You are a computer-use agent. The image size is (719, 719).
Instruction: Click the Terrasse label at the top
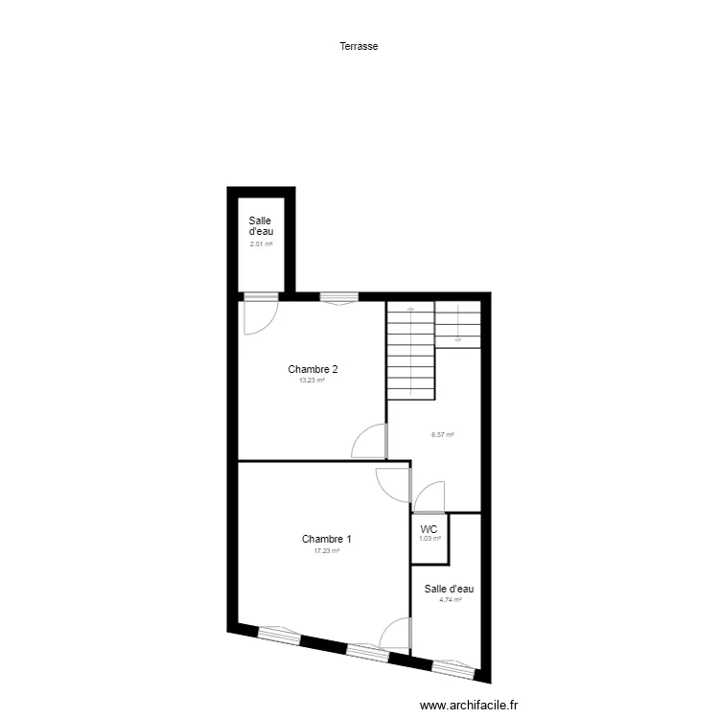coord(359,45)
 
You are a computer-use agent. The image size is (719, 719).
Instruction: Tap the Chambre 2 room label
coord(313,369)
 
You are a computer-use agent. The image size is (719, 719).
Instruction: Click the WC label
coord(429,528)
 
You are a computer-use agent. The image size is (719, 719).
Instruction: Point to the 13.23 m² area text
coord(313,380)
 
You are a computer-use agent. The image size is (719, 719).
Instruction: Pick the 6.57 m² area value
coord(442,434)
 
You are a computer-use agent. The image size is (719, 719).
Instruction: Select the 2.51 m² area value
coord(261,244)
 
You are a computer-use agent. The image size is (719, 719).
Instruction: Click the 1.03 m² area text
coord(429,538)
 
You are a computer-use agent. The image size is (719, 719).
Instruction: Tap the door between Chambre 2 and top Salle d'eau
coord(260,313)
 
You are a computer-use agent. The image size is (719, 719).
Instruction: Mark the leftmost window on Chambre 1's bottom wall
coord(279,634)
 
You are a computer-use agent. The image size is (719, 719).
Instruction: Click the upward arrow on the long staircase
coord(410,312)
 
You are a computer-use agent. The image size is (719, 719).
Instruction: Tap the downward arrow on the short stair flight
coord(458,337)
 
